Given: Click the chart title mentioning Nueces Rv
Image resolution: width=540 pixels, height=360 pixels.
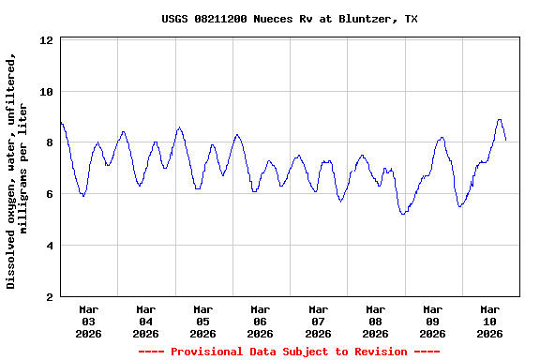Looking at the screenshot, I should point(289,19).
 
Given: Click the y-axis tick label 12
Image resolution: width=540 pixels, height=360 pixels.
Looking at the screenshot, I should point(47,41).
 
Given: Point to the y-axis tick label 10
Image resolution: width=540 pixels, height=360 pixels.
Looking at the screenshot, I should point(47,92).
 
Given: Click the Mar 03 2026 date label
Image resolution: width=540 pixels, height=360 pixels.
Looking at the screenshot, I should point(88,321).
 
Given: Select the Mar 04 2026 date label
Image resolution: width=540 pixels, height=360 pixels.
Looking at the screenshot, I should point(145,321).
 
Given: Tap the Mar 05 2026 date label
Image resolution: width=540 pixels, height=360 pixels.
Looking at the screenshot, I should point(203,321).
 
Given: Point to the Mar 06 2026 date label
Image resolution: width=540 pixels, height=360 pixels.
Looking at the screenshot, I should point(261,321).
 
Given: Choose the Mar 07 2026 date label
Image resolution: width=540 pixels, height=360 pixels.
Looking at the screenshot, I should point(318,321).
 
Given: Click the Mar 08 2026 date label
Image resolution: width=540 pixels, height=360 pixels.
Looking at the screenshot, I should point(375,321).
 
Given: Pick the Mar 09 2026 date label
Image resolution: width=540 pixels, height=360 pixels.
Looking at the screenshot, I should point(432,321).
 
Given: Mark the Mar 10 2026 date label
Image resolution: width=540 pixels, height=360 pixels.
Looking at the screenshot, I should point(489,321).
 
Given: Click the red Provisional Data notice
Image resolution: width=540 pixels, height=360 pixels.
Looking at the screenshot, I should point(289,352).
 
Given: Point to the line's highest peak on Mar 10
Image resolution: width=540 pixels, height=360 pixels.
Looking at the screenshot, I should point(500,120).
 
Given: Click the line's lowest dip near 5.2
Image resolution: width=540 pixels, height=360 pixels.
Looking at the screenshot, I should point(403,214).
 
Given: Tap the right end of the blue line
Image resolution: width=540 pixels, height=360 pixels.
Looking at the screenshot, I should point(506,140).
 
